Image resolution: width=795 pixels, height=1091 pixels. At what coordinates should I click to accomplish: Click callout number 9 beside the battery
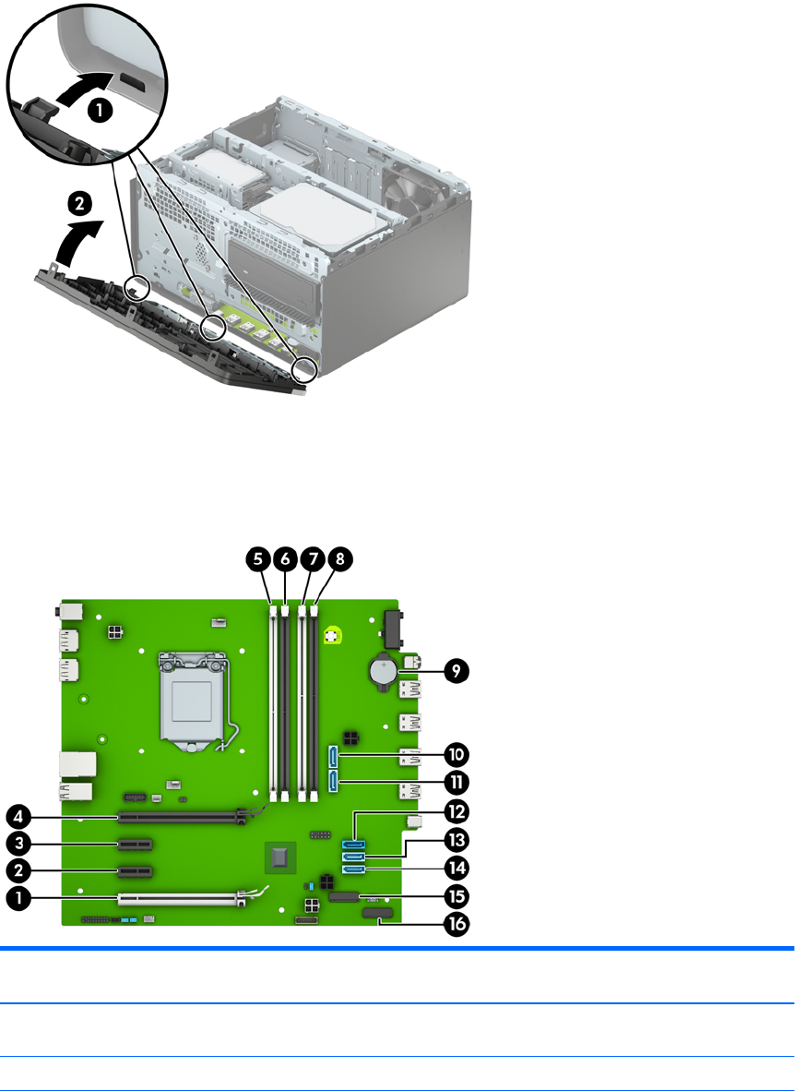[x=456, y=671]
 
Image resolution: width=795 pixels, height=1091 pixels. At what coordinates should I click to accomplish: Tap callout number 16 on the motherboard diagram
[x=456, y=925]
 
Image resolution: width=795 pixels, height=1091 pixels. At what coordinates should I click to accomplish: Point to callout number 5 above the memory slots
[x=259, y=558]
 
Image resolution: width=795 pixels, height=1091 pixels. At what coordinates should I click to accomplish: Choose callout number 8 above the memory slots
[x=340, y=558]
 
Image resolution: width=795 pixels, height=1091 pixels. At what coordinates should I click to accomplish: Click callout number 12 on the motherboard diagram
[x=456, y=812]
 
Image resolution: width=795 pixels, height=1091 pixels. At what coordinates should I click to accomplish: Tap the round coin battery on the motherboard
[x=383, y=672]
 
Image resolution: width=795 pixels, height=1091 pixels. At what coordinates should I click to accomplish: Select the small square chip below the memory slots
[x=279, y=857]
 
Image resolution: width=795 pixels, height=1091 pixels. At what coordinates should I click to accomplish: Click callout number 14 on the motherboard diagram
[x=456, y=869]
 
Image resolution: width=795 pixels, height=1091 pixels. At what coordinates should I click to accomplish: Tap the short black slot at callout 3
[x=136, y=845]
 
